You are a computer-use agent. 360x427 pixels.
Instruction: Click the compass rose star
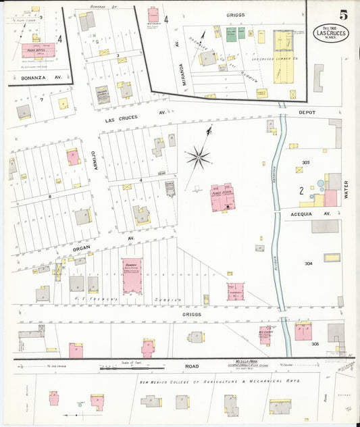point(198,158)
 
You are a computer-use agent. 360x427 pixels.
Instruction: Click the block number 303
point(305,163)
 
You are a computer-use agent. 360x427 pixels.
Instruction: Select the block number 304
point(309,263)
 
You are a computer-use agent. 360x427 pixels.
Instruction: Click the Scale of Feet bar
point(133,369)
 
